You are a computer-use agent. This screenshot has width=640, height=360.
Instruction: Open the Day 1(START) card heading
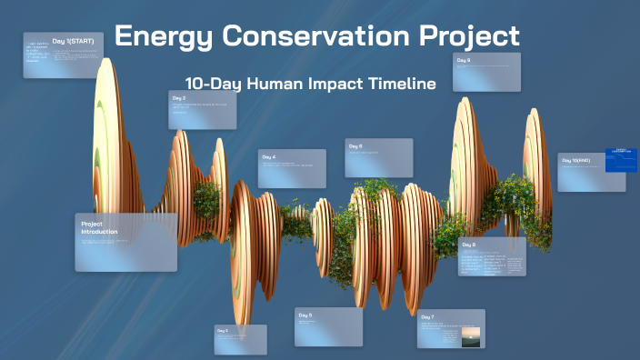pos(73,41)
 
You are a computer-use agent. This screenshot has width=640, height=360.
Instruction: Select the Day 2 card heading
pos(178,97)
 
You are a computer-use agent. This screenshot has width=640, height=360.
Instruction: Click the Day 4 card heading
pos(268,157)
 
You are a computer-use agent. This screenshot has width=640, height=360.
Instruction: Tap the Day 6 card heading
pos(355,145)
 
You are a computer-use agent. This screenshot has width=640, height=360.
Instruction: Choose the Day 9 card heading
pos(464,60)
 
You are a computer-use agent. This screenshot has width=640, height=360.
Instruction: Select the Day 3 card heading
pos(223,331)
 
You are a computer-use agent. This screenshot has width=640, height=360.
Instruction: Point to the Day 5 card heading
pos(305,315)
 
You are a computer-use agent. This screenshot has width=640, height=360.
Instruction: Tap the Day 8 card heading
pos(468,245)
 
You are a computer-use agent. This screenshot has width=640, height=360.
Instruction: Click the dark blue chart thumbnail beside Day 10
pos(621,159)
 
